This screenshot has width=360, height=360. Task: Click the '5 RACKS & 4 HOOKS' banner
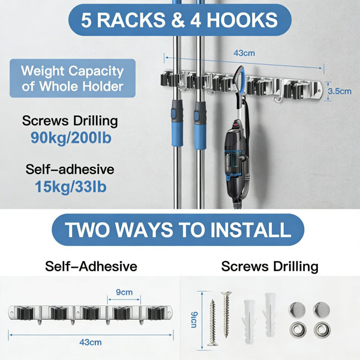pyautogui.click(x=180, y=20)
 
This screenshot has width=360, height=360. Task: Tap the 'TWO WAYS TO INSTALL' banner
pyautogui.click(x=178, y=230)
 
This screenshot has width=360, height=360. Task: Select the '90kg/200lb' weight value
pyautogui.click(x=71, y=138)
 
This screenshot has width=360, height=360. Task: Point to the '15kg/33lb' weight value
pyautogui.click(x=71, y=187)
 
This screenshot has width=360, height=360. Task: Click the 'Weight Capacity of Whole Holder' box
pyautogui.click(x=73, y=78)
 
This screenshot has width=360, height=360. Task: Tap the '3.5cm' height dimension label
pyautogui.click(x=340, y=91)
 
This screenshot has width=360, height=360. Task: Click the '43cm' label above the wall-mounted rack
pyautogui.click(x=244, y=53)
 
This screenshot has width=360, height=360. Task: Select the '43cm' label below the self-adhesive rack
pyautogui.click(x=91, y=343)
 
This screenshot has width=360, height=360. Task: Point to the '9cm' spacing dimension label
pyautogui.click(x=124, y=292)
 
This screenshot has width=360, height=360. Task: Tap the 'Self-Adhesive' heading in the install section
pyautogui.click(x=91, y=266)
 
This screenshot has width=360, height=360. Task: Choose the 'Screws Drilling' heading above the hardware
pyautogui.click(x=270, y=266)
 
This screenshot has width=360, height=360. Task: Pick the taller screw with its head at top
pyautogui.click(x=226, y=314)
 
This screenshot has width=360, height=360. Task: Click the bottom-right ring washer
pyautogui.click(x=322, y=329)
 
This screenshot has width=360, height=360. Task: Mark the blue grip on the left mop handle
pyautogui.click(x=177, y=124)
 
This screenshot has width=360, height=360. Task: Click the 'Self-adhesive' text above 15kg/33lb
pyautogui.click(x=70, y=169)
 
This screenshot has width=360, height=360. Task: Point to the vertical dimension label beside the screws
pyautogui.click(x=194, y=320)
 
